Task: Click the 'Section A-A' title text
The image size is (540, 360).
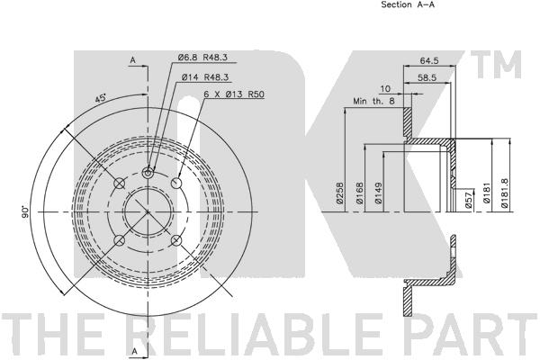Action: [408, 4]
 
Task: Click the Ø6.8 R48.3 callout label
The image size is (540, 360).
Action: [202, 58]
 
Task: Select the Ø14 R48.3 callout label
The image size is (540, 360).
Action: [205, 77]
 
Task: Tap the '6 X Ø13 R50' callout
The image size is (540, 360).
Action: [234, 94]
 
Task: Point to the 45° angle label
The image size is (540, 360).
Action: [101, 98]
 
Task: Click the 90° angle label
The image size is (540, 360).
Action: [25, 211]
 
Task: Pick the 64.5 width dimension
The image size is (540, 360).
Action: [429, 60]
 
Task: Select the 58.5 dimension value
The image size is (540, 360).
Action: [427, 78]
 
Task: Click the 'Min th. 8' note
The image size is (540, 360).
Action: [373, 102]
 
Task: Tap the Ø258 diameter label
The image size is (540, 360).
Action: [340, 193]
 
